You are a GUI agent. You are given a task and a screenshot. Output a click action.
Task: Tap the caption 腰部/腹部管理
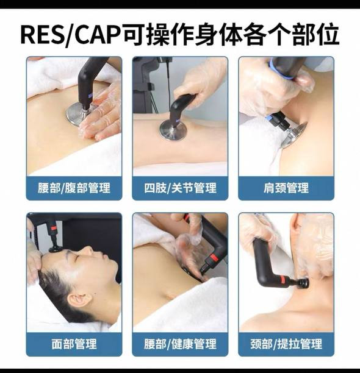[x=74, y=188]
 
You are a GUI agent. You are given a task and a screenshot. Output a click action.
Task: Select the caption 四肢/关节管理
[x=180, y=188]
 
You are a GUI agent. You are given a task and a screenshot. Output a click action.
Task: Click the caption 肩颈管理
[x=286, y=188]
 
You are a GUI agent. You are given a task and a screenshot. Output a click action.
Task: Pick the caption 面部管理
[x=74, y=344]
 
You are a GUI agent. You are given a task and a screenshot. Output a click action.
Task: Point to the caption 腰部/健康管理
[x=180, y=344]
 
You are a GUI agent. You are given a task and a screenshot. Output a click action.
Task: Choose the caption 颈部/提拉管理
[x=286, y=344]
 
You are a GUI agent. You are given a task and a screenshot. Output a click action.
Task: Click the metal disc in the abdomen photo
[x=77, y=115]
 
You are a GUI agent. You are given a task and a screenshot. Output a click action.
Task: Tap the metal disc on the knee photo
[x=173, y=130]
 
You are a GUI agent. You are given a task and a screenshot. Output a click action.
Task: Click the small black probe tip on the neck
[x=304, y=283]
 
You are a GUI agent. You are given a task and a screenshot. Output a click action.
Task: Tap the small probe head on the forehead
[x=56, y=249]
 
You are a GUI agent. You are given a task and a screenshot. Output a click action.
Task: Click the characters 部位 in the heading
[x=315, y=35]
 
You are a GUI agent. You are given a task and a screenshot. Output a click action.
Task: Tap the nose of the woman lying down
[x=90, y=250]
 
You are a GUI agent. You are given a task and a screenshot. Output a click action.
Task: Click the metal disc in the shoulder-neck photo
[x=295, y=135]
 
